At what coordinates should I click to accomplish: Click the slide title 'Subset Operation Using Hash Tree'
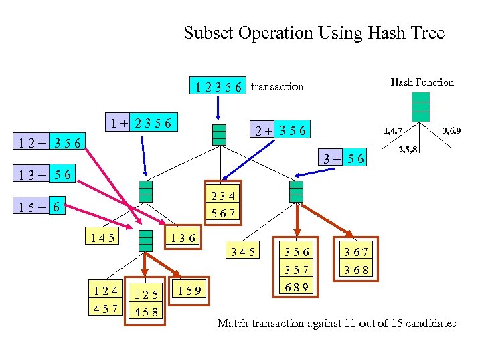pos(314,33)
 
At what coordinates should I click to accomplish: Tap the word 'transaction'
pos(277,86)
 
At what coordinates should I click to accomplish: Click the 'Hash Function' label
pos(422,82)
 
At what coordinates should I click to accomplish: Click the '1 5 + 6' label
pos(42,208)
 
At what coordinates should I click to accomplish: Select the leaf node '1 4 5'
pos(101,237)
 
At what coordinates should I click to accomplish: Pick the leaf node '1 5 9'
pos(191,290)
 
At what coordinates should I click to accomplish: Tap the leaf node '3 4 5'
pos(243,252)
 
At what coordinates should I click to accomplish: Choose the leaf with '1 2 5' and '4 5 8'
pos(147,302)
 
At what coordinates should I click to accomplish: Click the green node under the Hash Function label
pos(421,107)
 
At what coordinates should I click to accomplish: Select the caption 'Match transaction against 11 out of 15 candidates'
pos(337,324)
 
